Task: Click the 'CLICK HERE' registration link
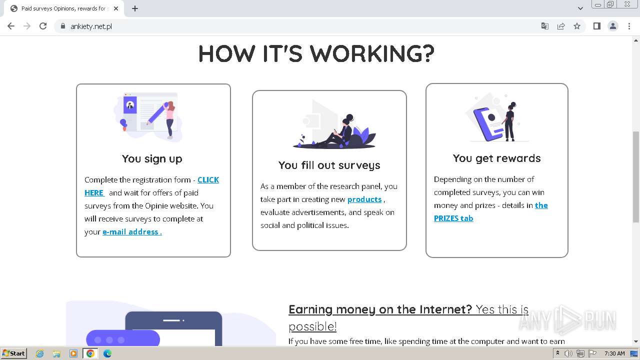click(x=208, y=180)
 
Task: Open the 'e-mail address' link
click(x=131, y=232)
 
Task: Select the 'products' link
click(x=364, y=199)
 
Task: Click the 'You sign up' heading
click(x=152, y=159)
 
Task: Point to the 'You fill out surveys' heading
click(x=329, y=165)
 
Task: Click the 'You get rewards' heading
click(x=496, y=158)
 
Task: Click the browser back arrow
click(x=11, y=26)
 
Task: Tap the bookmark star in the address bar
click(x=577, y=26)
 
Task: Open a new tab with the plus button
click(x=135, y=8)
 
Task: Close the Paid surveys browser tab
click(x=116, y=8)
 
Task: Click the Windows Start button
click(x=13, y=353)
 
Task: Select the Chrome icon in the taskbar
click(x=90, y=353)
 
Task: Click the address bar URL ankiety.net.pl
click(x=91, y=26)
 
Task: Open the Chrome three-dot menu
click(x=629, y=26)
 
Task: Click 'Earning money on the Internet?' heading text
click(x=380, y=309)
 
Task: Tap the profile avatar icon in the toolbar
click(x=612, y=26)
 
